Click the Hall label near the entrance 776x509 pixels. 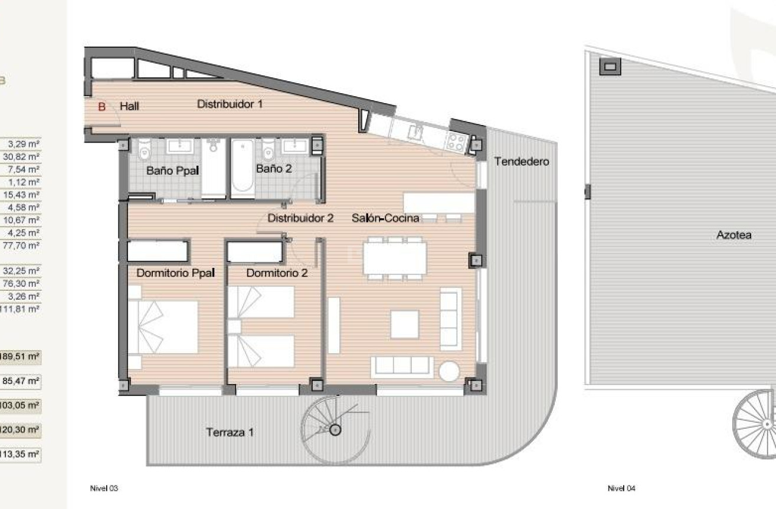pyautogui.click(x=129, y=107)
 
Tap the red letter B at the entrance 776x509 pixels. pyautogui.click(x=101, y=107)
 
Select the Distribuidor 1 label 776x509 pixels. pyautogui.click(x=230, y=104)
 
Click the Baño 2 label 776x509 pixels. pyautogui.click(x=274, y=169)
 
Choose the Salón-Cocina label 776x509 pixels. pyautogui.click(x=385, y=218)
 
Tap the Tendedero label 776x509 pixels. pyautogui.click(x=522, y=161)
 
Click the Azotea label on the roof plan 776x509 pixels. pyautogui.click(x=734, y=235)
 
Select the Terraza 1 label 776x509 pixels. pyautogui.click(x=230, y=432)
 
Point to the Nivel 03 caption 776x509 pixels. pyautogui.click(x=104, y=488)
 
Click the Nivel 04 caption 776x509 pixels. pyautogui.click(x=621, y=488)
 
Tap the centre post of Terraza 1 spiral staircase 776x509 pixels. pyautogui.click(x=335, y=429)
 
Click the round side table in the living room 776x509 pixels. pyautogui.click(x=449, y=370)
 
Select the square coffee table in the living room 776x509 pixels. pyautogui.click(x=404, y=324)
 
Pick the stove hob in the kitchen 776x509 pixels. pyautogui.click(x=457, y=141)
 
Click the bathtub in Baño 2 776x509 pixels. pyautogui.click(x=242, y=169)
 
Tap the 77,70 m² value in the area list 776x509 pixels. pyautogui.click(x=24, y=245)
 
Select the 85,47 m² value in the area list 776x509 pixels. pyautogui.click(x=24, y=382)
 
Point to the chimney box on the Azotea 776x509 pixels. pyautogui.click(x=610, y=66)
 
